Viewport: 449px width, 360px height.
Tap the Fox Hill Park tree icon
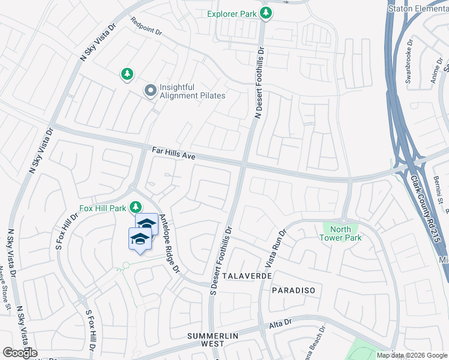[137, 208]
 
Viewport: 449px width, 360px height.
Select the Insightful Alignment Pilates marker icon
[150, 91]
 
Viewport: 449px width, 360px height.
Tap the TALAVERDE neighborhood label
[247, 275]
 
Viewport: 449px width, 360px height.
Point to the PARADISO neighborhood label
[294, 290]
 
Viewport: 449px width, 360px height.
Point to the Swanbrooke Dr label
[410, 57]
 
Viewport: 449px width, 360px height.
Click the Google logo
[20, 353]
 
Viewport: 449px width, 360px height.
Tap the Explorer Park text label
[232, 13]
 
